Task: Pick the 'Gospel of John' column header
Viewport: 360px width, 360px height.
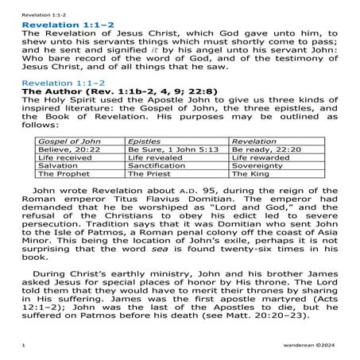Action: point(59,141)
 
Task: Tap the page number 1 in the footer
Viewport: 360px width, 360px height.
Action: point(24,347)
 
